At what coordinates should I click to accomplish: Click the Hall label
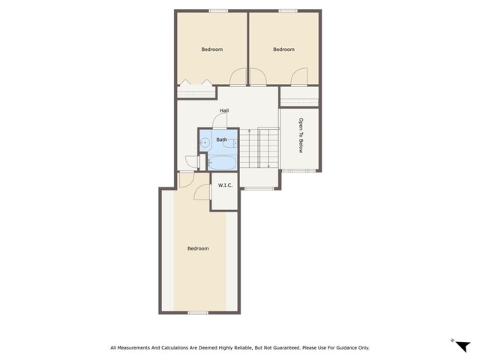pos(224,110)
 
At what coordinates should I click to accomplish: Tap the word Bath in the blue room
pos(222,139)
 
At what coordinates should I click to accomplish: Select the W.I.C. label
pos(225,185)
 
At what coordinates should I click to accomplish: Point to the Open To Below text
pos(301,135)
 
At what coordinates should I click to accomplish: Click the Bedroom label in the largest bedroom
pos(198,248)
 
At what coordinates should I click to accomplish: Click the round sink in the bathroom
pos(205,142)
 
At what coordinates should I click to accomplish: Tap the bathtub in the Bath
pos(222,162)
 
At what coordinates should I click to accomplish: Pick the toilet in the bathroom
pos(230,142)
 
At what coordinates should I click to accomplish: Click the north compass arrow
pos(463,346)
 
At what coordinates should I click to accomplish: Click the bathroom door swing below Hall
pos(220,121)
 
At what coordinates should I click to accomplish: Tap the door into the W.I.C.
pos(202,192)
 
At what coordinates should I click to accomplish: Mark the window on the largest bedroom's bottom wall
pos(198,313)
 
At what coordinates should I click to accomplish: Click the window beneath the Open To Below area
pos(298,170)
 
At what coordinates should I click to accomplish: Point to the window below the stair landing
pos(259,188)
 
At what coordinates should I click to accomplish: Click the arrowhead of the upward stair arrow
pos(249,131)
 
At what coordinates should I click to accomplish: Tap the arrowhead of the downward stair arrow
pos(268,166)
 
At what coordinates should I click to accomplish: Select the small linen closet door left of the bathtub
pos(192,162)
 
